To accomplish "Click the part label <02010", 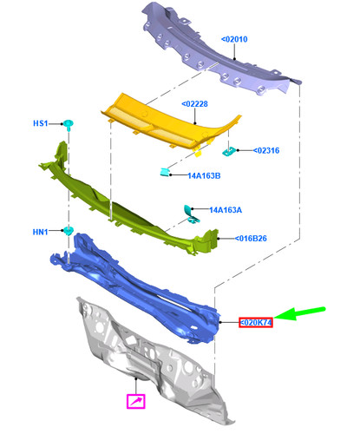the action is [234, 39].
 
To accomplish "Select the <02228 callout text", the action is [194, 104].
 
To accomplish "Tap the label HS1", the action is [40, 123].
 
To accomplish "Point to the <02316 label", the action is [266, 150].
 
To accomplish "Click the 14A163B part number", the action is [204, 175].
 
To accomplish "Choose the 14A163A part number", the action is [226, 210].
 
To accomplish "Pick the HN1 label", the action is [40, 232].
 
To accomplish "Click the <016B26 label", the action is [251, 239].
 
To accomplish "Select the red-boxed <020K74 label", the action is [256, 322].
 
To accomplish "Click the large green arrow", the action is [299, 313].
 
